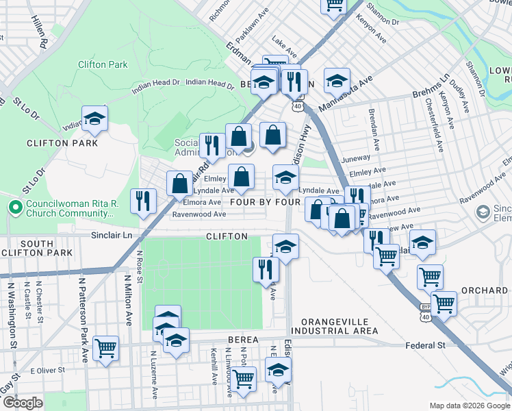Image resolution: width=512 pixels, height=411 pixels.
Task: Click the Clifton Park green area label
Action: (x=103, y=64)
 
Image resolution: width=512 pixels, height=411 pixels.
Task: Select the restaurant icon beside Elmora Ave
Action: (x=143, y=201)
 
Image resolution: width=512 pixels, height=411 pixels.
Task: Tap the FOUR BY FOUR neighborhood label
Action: (x=266, y=203)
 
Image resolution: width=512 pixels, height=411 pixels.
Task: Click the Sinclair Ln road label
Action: (x=112, y=235)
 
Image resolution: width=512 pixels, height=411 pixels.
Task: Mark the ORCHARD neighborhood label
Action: (x=484, y=290)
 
